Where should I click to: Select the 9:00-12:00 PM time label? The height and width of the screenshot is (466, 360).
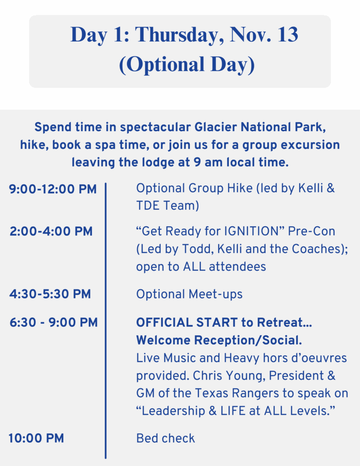coord(53,189)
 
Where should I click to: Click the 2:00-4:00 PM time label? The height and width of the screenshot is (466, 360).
coord(51,231)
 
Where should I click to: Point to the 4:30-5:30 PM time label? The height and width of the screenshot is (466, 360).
coord(50,294)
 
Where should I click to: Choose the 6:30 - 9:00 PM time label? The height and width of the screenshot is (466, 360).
coord(54,323)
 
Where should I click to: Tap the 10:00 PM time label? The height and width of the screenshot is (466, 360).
coord(36,438)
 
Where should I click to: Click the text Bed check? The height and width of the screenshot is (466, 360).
coord(166,438)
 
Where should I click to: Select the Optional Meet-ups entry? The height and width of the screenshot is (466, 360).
coord(189,294)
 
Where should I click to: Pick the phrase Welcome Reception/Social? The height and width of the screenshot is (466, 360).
coord(219,340)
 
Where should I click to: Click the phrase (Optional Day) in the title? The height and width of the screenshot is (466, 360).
coord(187,65)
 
